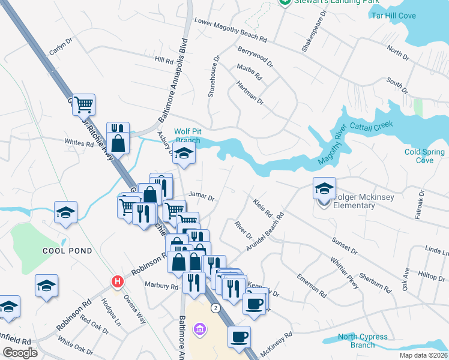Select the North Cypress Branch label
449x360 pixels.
(x=362, y=341)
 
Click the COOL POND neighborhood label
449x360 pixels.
(x=67, y=251)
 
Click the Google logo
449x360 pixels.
(x=20, y=352)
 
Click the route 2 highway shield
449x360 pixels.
(x=215, y=307)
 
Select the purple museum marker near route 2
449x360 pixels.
(x=200, y=329)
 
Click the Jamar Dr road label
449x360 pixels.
(x=201, y=196)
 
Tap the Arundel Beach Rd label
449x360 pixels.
(x=265, y=231)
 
